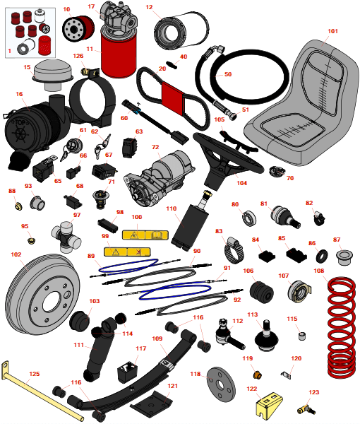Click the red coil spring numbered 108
342,327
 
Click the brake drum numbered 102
42,295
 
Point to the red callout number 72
155,147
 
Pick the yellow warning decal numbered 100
145,235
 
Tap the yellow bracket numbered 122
269,405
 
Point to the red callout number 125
35,374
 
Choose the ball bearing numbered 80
248,218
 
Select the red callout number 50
228,74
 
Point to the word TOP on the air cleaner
20,123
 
